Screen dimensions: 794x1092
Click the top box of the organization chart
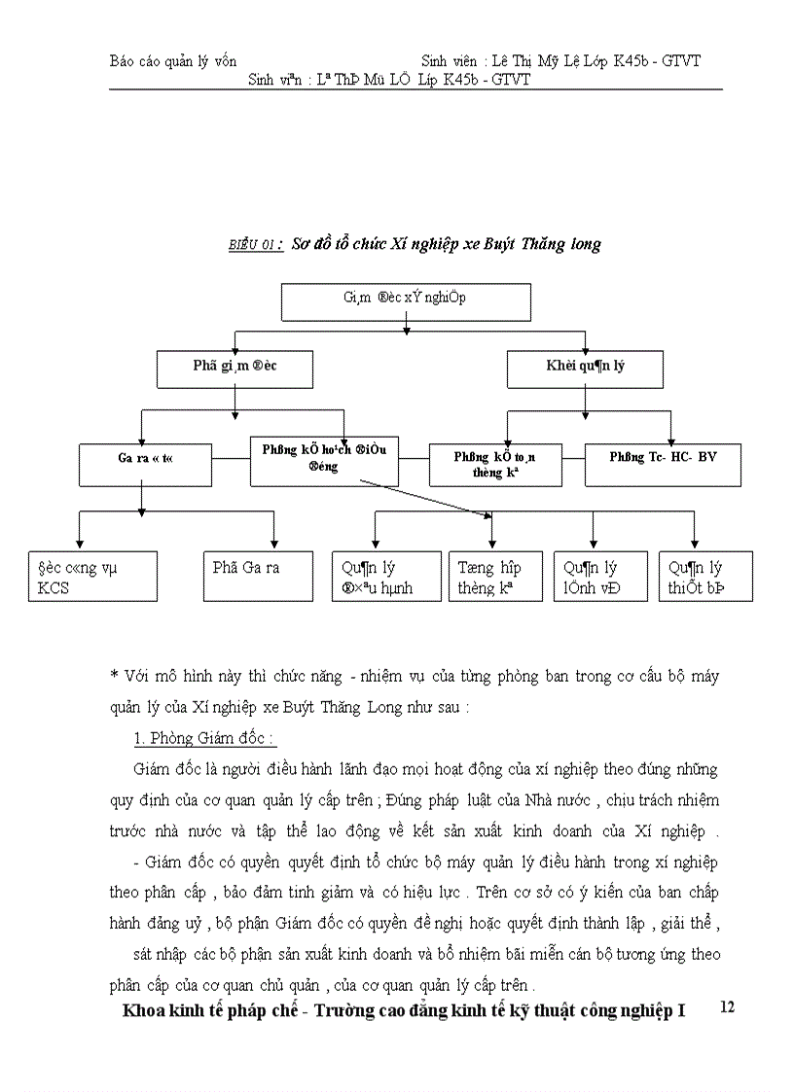point(406,302)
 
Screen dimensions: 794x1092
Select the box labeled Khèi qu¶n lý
point(585,369)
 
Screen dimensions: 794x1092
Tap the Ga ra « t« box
point(145,465)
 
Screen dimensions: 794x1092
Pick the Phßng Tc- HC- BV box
point(663,465)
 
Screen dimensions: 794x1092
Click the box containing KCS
point(92,577)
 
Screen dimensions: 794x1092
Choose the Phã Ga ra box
point(258,577)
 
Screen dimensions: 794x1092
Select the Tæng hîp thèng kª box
point(495,577)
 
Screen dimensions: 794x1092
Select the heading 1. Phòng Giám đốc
point(204,740)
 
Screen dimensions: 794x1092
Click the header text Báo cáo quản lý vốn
point(172,61)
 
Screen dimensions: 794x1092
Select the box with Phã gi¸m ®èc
point(235,369)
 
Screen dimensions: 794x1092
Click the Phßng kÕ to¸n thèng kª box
point(495,465)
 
